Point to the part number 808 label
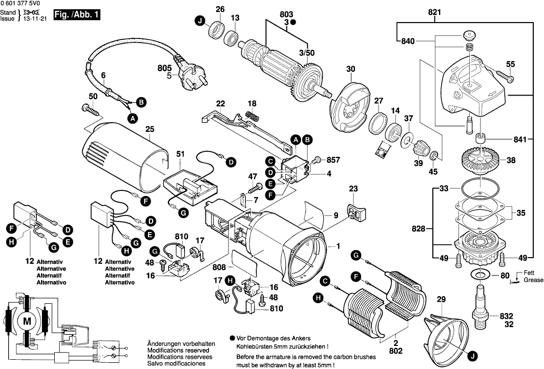click(219, 267)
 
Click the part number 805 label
click(164, 67)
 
